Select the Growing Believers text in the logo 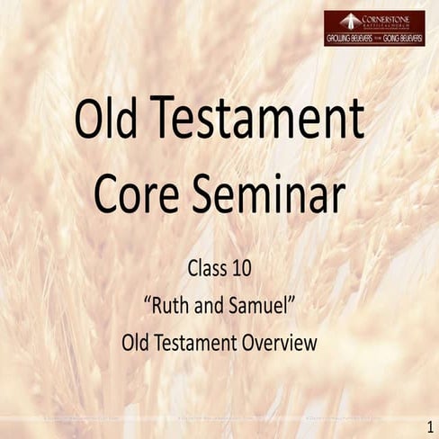(x=350, y=40)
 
